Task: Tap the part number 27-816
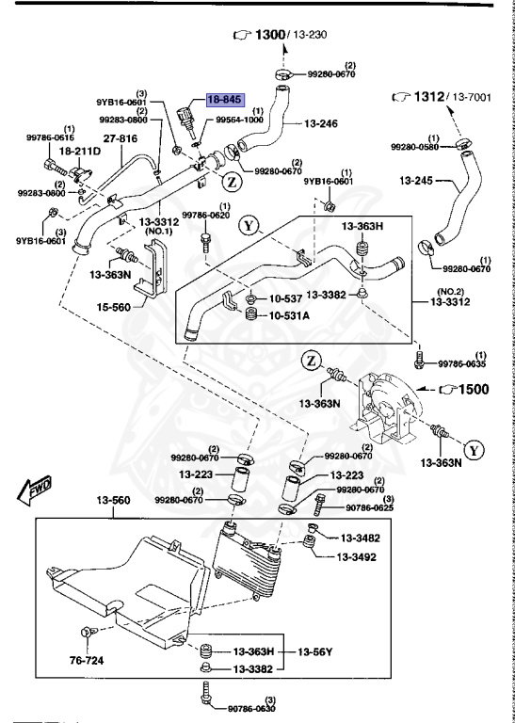(120, 138)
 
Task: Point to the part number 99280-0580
(417, 147)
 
